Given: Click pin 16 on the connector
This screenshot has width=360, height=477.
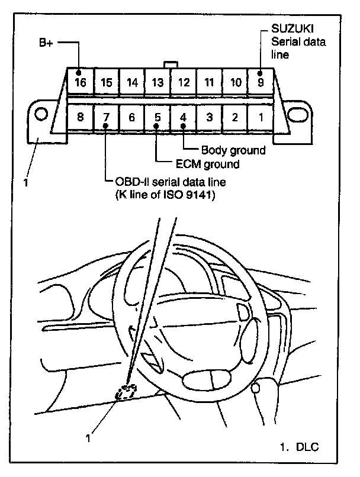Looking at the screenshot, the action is tap(81, 82).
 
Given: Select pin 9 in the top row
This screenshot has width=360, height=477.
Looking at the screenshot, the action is tap(260, 82).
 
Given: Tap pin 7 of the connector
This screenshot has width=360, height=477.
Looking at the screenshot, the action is tap(106, 117).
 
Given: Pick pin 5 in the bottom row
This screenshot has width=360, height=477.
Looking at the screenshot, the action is tap(157, 117).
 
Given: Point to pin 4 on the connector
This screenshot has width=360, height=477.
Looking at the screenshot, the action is tap(183, 117).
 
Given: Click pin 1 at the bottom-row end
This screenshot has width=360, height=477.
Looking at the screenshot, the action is tap(260, 117).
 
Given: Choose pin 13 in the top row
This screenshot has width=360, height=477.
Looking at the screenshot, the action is tap(157, 82).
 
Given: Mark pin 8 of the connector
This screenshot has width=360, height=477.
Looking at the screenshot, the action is tap(81, 117).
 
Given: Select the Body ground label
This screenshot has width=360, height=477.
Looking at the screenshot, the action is tap(233, 150).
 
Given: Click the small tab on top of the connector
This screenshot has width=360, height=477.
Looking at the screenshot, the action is tap(171, 63).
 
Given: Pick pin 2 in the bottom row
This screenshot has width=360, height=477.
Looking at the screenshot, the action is tap(234, 117).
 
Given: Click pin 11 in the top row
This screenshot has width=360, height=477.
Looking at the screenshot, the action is tap(209, 82).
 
